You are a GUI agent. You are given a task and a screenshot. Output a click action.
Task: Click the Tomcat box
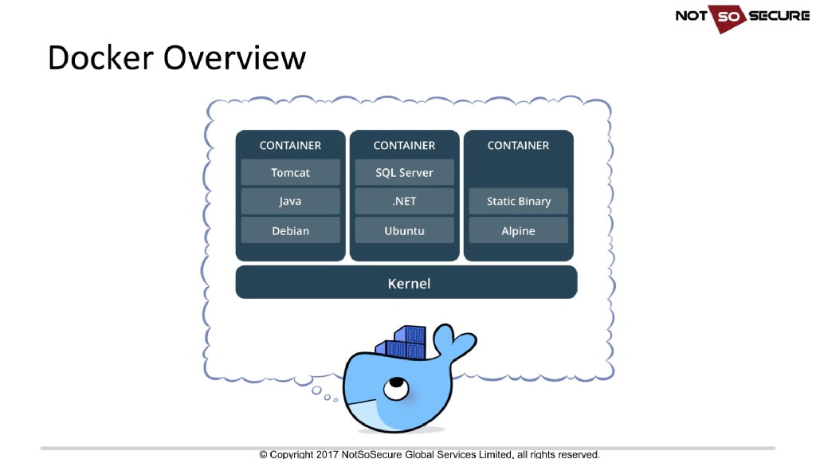pyautogui.click(x=290, y=173)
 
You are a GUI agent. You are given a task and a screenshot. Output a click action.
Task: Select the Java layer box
pyautogui.click(x=290, y=202)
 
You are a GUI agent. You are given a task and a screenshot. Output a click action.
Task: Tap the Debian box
pyautogui.click(x=290, y=231)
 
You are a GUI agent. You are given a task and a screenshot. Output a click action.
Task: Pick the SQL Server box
pyautogui.click(x=404, y=173)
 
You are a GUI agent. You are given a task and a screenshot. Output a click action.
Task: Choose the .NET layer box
pyautogui.click(x=404, y=202)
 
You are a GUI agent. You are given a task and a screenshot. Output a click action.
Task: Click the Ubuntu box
pyautogui.click(x=404, y=231)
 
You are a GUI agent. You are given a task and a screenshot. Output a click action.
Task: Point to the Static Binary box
pyautogui.click(x=519, y=202)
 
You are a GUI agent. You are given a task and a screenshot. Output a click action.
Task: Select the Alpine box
pyautogui.click(x=519, y=231)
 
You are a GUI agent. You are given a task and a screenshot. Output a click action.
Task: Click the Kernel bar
pyautogui.click(x=406, y=283)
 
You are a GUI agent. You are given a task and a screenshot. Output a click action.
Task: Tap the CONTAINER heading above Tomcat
pyautogui.click(x=290, y=146)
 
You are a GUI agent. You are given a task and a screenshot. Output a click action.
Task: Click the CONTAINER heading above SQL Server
pyautogui.click(x=404, y=146)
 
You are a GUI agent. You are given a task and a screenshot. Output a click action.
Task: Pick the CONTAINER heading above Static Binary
pyautogui.click(x=519, y=146)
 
